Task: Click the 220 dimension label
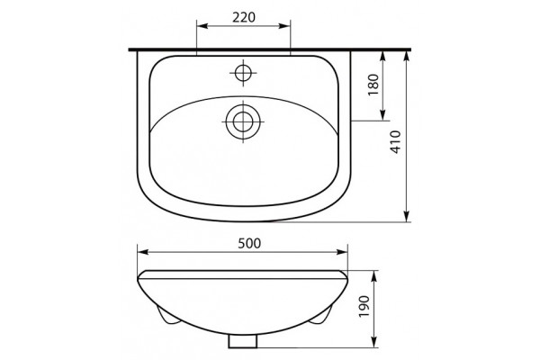(244, 17)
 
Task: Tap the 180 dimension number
(373, 85)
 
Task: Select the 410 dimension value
(396, 142)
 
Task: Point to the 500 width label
(249, 243)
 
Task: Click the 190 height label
(364, 306)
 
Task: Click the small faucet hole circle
(243, 73)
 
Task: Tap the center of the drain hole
(243, 122)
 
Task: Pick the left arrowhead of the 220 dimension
(202, 26)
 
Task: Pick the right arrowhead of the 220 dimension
(284, 26)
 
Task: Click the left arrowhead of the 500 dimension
(143, 252)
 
